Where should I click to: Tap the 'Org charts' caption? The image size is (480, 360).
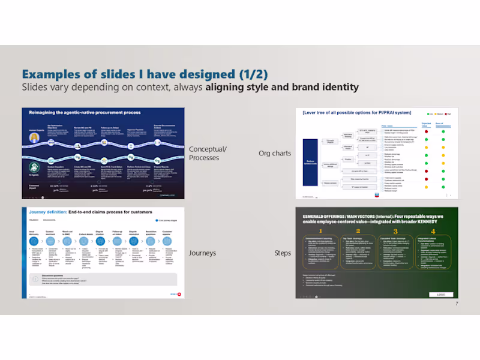click(275, 153)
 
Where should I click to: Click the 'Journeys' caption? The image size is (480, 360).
click(202, 253)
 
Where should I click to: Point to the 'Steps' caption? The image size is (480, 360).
click(283, 253)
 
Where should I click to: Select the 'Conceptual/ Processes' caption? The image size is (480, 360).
click(208, 154)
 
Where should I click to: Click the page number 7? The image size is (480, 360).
click(456, 304)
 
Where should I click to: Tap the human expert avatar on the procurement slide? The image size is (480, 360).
click(32, 137)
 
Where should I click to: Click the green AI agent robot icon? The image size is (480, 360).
click(32, 169)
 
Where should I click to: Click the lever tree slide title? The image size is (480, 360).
click(349, 113)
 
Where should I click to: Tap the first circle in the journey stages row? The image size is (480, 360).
click(34, 240)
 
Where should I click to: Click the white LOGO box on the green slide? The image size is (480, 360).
click(441, 295)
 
